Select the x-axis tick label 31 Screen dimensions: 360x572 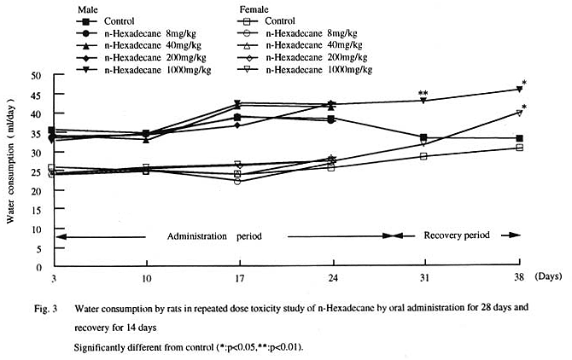[423, 279]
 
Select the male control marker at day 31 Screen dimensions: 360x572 [423, 137]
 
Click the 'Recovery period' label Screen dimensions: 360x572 [457, 235]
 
